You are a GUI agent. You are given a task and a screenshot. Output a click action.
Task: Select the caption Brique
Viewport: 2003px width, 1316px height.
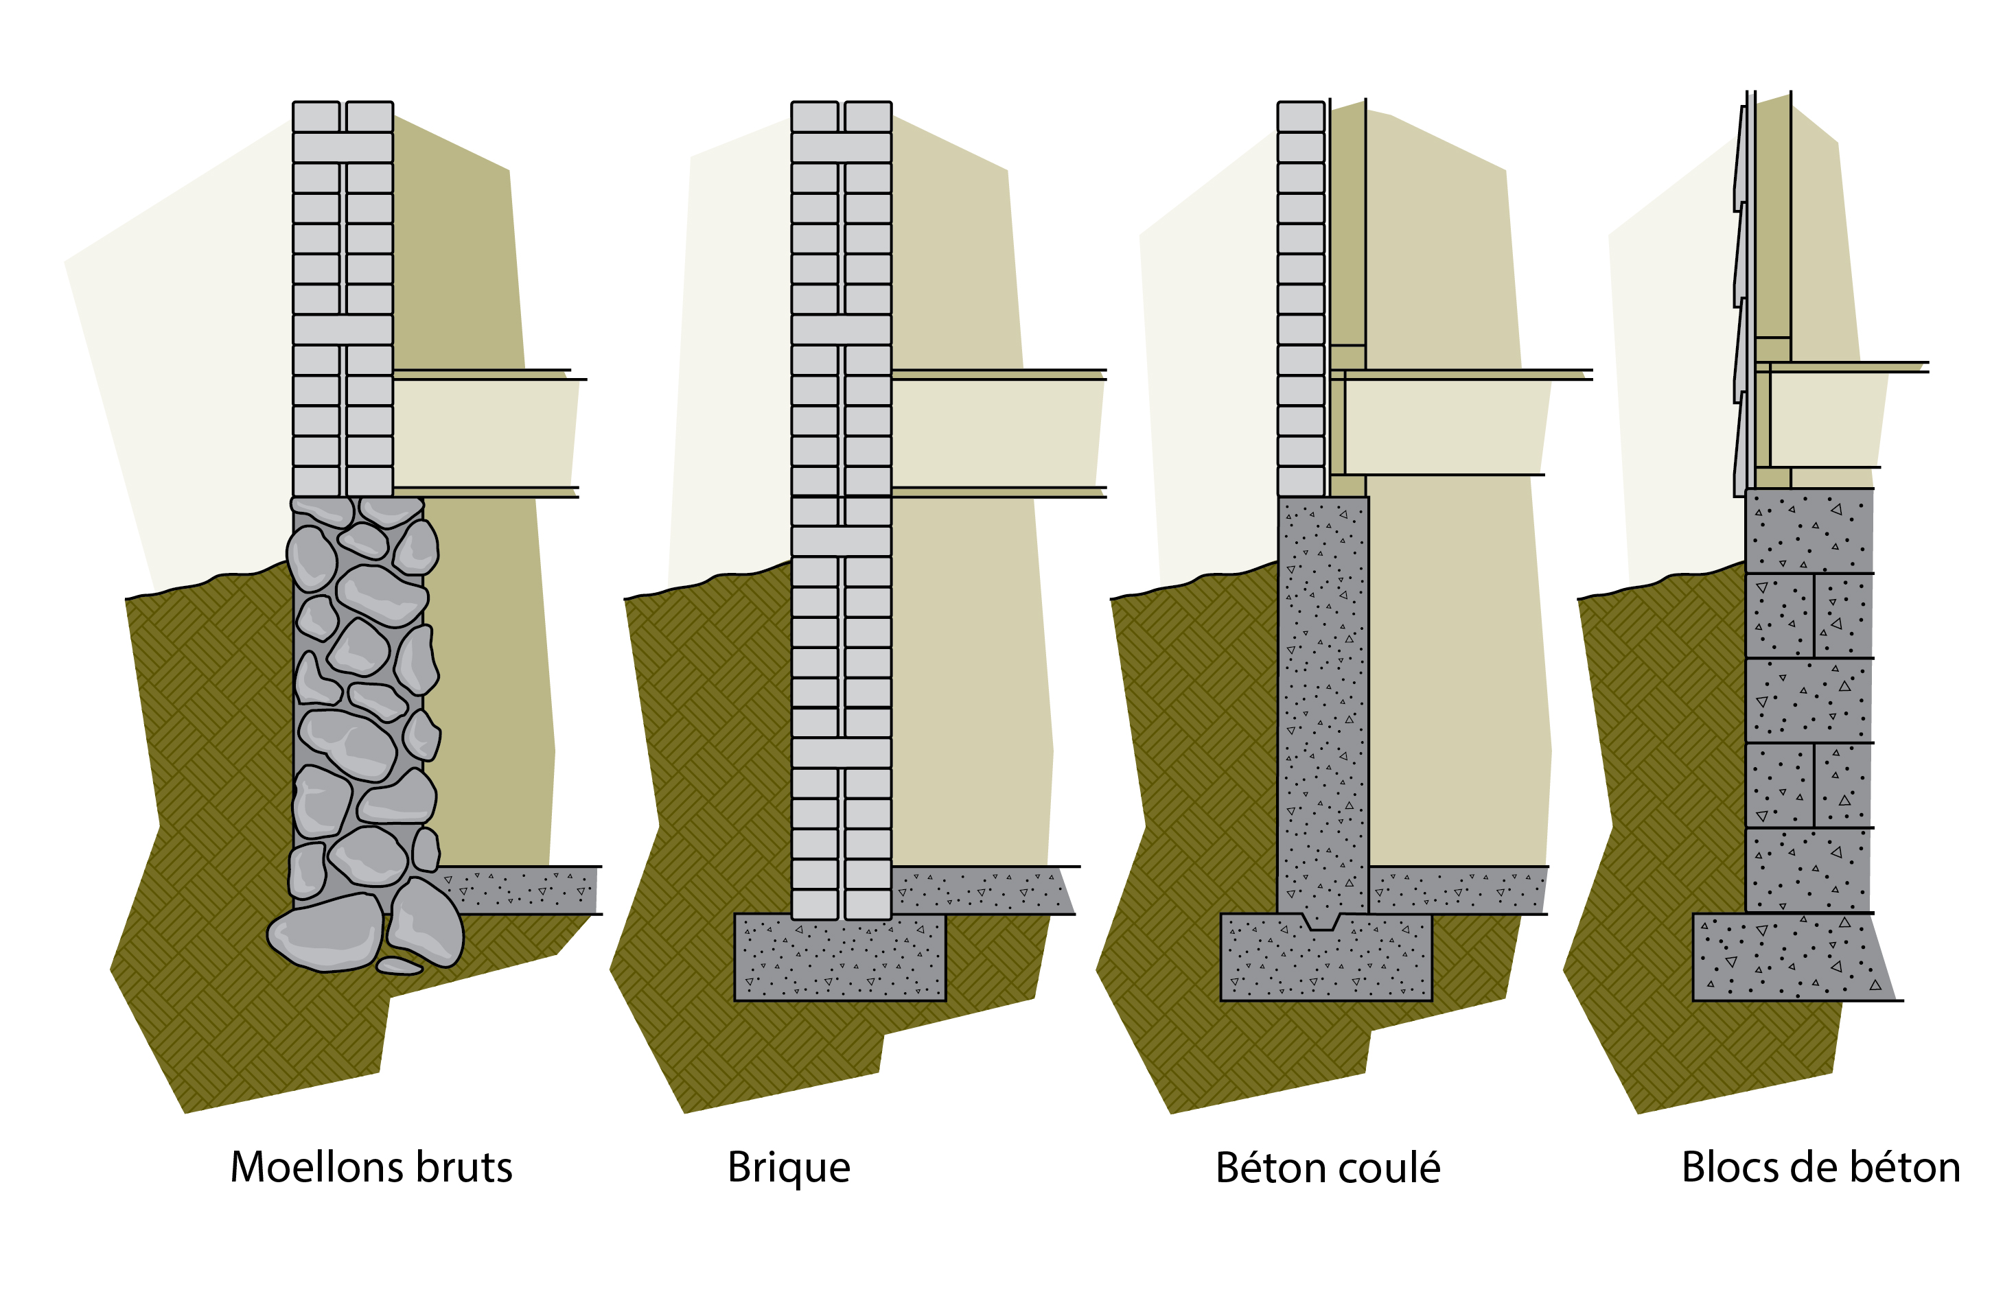click(789, 1168)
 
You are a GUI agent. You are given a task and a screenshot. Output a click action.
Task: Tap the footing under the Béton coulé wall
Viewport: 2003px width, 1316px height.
click(1325, 963)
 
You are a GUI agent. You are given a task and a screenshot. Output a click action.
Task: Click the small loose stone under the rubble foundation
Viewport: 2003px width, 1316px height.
click(399, 966)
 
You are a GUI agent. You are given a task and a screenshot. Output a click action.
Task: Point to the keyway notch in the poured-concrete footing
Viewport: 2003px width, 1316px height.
click(1321, 921)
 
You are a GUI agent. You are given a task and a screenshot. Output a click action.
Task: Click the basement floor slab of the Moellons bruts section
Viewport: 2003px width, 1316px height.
click(522, 890)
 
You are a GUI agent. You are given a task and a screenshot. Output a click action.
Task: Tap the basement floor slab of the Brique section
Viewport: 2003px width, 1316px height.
click(980, 890)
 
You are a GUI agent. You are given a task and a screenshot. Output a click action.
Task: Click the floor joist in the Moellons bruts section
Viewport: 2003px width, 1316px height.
click(484, 434)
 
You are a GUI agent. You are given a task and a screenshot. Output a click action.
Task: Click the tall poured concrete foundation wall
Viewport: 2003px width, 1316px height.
click(1323, 707)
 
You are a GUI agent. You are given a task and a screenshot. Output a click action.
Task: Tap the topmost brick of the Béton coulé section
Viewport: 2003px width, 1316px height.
click(1301, 117)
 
